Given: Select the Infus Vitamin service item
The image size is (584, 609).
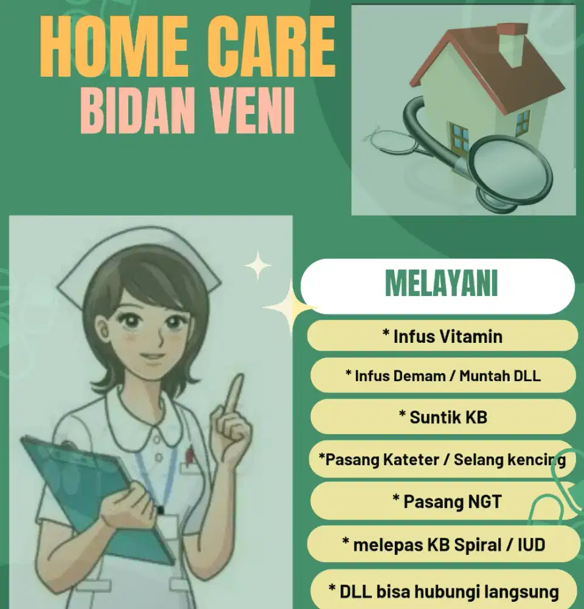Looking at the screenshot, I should click(x=442, y=336).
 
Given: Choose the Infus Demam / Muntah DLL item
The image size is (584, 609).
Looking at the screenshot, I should click(x=442, y=375).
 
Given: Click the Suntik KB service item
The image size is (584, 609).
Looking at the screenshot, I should click(x=442, y=417).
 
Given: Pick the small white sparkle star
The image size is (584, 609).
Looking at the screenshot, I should click(x=258, y=266).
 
